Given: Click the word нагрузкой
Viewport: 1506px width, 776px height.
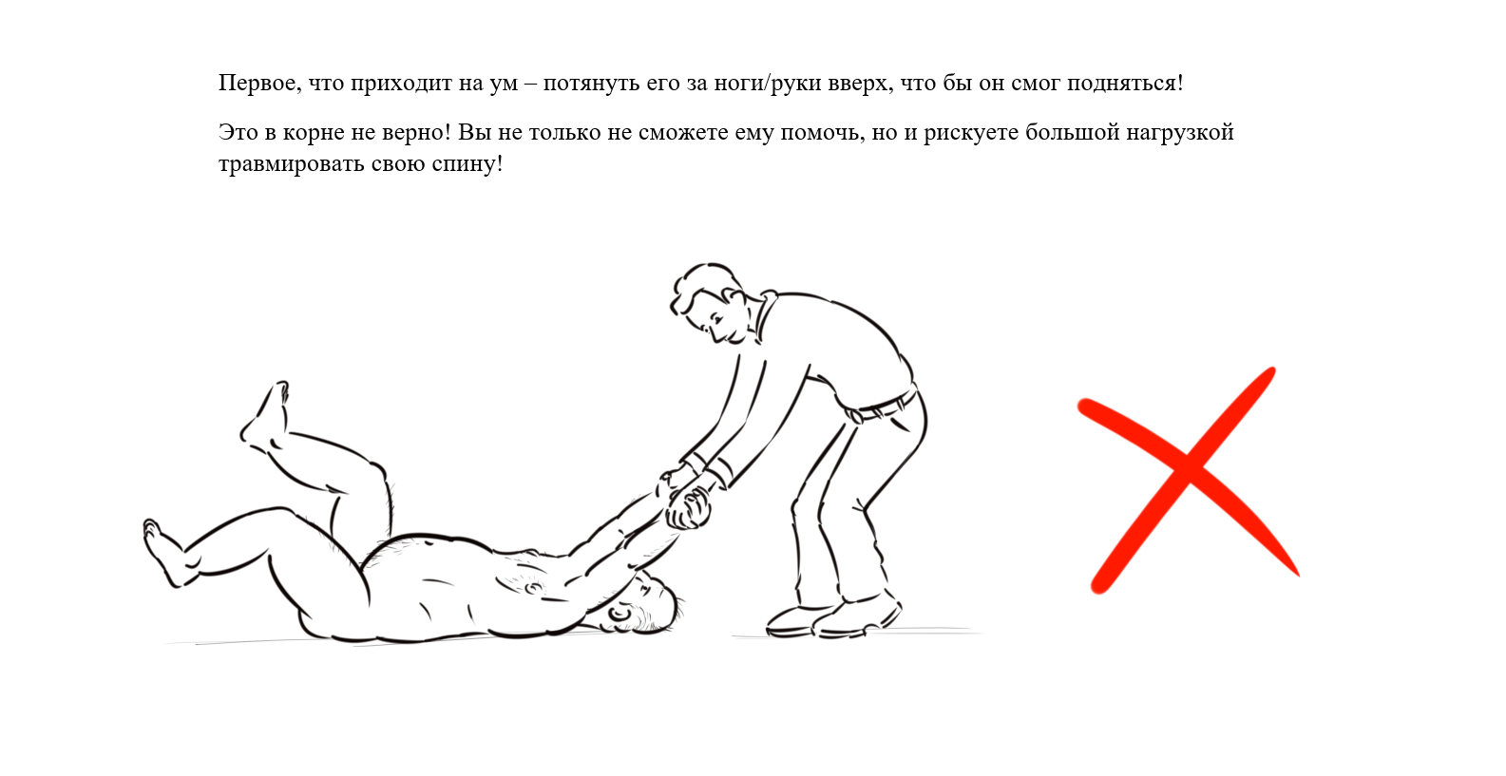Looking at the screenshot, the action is [x=1180, y=133].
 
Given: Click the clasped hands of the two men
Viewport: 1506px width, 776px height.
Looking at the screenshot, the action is [x=686, y=500].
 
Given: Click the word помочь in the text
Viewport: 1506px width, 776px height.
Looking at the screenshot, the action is [x=820, y=133].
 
